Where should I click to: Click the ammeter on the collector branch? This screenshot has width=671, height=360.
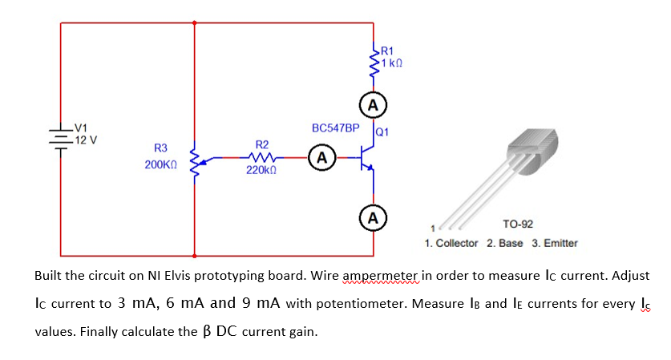pos(372,105)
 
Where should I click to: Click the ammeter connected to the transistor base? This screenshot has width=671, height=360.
pos(321,156)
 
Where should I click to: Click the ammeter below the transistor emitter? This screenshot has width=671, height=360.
pos(372,216)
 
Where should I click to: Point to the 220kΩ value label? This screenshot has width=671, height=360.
pos(261,171)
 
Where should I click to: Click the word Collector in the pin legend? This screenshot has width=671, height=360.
pos(457,243)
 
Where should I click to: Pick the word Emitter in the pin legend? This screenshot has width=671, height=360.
pos(560,243)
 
